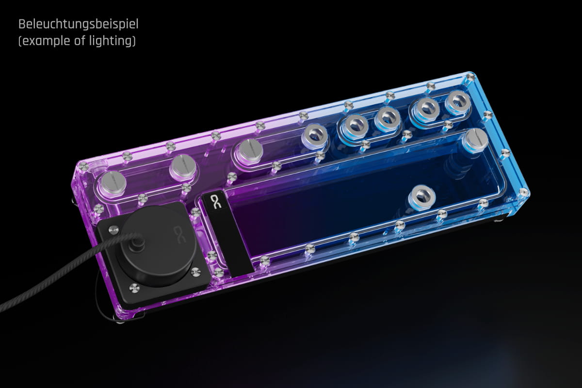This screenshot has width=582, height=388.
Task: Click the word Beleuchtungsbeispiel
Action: point(79,25)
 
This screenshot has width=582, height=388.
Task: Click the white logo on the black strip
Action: point(216,202)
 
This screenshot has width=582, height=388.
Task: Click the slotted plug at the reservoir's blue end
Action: point(476,141)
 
